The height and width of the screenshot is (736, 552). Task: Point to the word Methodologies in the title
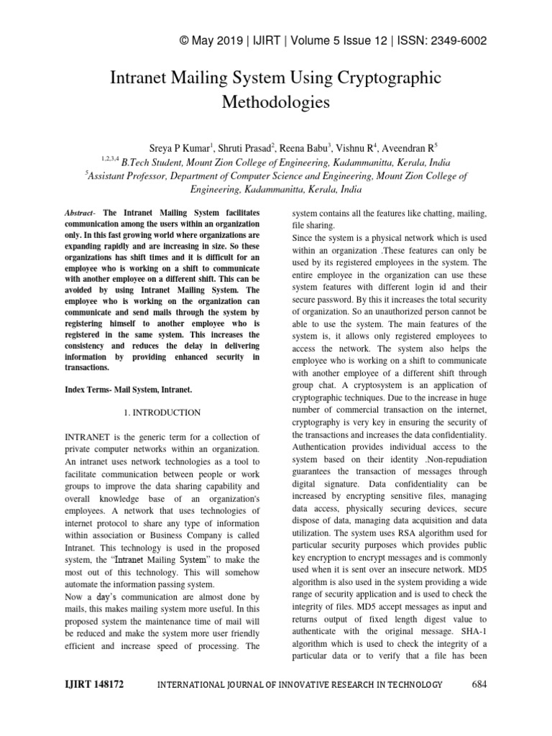click(276, 102)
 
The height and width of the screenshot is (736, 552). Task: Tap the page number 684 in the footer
click(479, 685)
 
